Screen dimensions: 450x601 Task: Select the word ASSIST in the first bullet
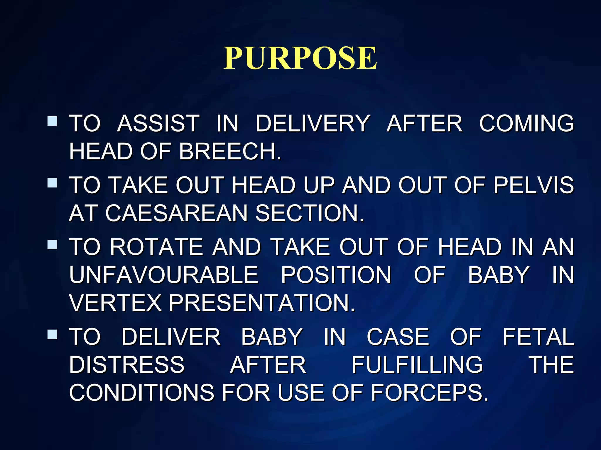(158, 123)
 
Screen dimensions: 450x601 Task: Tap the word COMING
(526, 123)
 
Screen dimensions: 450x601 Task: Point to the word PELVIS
(534, 185)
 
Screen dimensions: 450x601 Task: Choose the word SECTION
(309, 213)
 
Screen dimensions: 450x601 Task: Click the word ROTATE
(156, 247)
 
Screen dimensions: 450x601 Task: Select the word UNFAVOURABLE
(164, 275)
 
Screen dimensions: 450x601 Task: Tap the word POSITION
(336, 275)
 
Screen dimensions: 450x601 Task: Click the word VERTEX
(115, 303)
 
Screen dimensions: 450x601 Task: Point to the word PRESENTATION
(262, 303)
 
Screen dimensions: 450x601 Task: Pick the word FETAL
(538, 337)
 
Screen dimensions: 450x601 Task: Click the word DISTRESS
(127, 365)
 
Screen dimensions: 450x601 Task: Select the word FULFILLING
(417, 365)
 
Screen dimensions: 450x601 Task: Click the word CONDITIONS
(141, 393)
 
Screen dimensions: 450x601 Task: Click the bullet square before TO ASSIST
(52, 121)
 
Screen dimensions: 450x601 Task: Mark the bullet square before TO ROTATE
(52, 244)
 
